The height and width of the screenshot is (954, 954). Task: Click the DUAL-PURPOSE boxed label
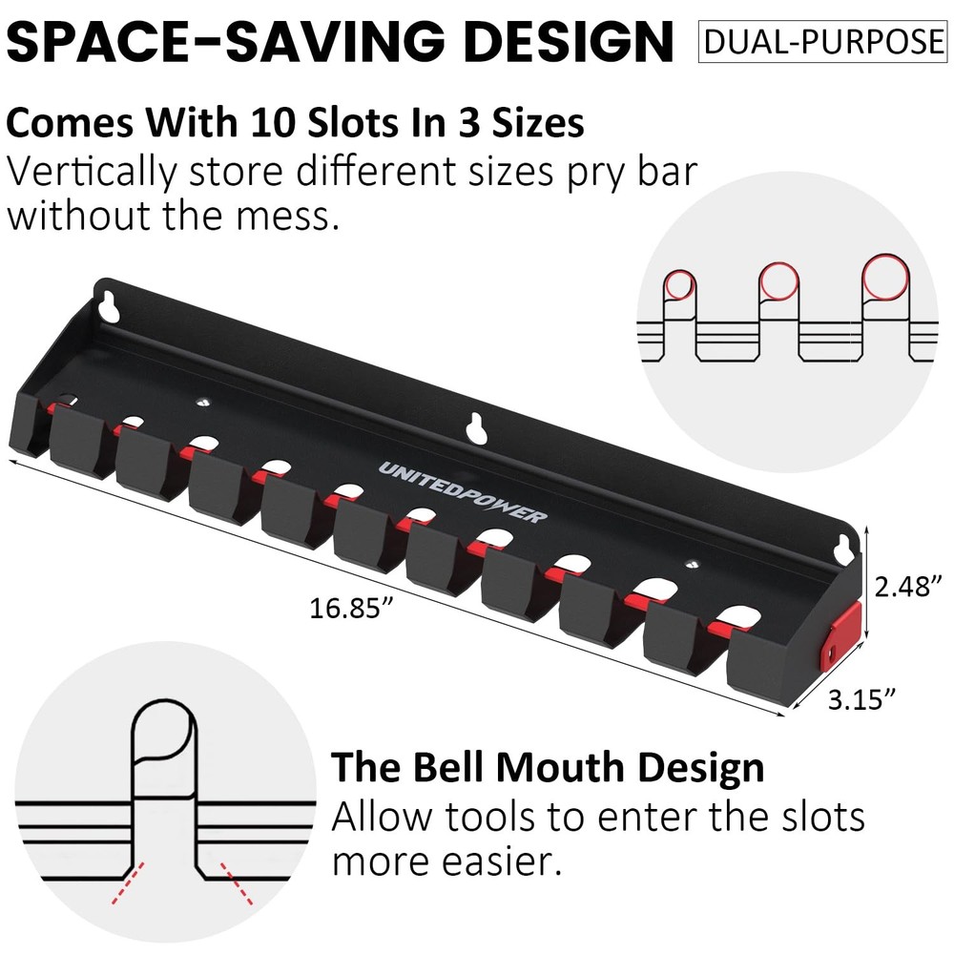821,42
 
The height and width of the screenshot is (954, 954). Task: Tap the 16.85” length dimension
352,607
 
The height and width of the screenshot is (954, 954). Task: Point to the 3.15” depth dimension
861,701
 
